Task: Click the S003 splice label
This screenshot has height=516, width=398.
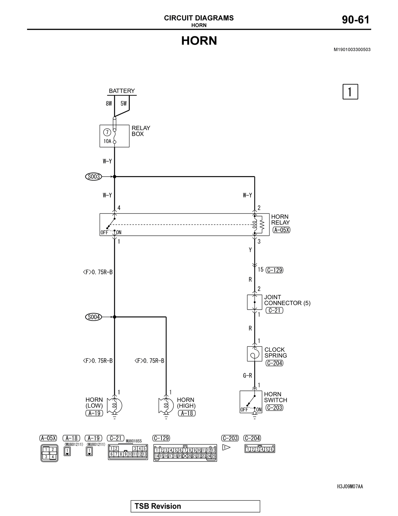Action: [x=94, y=177]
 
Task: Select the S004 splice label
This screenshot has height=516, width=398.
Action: [x=94, y=317]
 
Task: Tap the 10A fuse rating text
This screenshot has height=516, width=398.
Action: [x=107, y=141]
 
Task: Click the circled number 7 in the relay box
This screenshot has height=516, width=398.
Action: [x=107, y=132]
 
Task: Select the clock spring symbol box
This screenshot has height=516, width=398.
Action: [x=255, y=354]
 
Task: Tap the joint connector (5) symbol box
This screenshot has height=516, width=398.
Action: [x=255, y=302]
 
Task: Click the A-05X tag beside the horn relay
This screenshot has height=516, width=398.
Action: [x=281, y=230]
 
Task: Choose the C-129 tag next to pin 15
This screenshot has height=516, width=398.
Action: [x=274, y=270]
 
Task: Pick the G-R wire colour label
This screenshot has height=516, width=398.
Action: [x=247, y=375]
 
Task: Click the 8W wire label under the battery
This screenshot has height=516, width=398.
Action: [x=109, y=104]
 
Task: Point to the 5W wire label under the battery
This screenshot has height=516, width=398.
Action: [x=124, y=104]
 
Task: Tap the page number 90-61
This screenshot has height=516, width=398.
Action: [x=356, y=20]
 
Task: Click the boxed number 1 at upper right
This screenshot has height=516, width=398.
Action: [x=350, y=92]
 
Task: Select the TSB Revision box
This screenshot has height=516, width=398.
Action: [x=195, y=506]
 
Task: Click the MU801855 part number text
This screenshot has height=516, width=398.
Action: [x=134, y=441]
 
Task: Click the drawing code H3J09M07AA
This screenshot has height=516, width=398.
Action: [x=350, y=486]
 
